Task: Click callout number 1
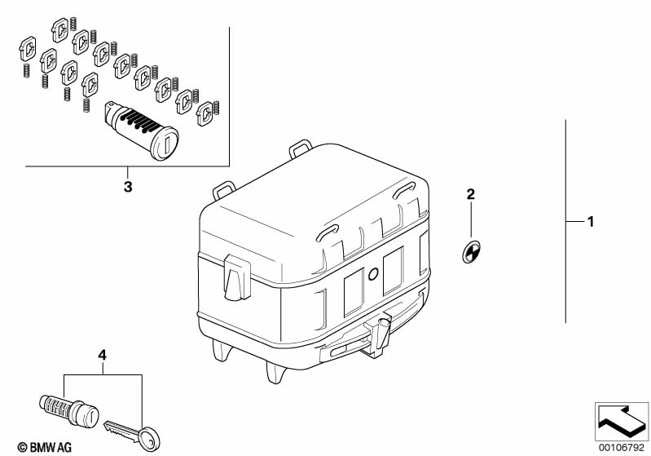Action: coord(591,222)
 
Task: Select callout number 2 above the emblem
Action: coord(470,194)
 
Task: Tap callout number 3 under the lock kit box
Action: coord(128,187)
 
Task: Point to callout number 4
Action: coord(102,356)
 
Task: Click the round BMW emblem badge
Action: coord(471,251)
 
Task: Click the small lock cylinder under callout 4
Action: coord(69,410)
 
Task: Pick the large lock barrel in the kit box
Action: coord(141,131)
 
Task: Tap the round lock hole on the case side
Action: coord(373,273)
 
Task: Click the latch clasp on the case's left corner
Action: coord(237,277)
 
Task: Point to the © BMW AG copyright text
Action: coord(45,447)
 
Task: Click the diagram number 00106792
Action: coord(622,448)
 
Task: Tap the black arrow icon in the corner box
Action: coord(622,421)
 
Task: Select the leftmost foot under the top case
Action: coord(221,350)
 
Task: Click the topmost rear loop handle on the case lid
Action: coord(301,148)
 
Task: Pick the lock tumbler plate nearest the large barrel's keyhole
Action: coord(205,113)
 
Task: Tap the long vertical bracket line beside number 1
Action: coord(565,221)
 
